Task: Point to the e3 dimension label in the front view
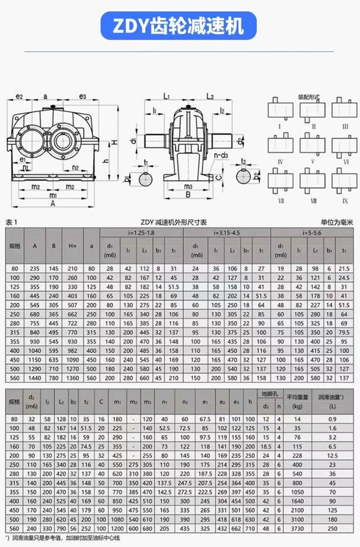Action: (83, 96)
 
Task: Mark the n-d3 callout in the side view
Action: (221, 155)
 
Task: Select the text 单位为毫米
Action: (337, 222)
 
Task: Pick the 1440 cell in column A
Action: (35, 378)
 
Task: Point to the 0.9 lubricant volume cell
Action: (332, 419)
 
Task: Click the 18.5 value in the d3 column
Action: (266, 446)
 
